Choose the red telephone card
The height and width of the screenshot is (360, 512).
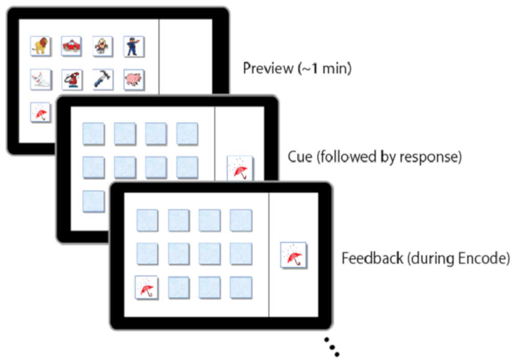click(72, 79)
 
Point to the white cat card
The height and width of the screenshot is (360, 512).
click(41, 79)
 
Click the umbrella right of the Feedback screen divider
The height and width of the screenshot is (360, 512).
click(294, 255)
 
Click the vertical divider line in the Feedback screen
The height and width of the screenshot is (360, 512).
click(269, 256)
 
